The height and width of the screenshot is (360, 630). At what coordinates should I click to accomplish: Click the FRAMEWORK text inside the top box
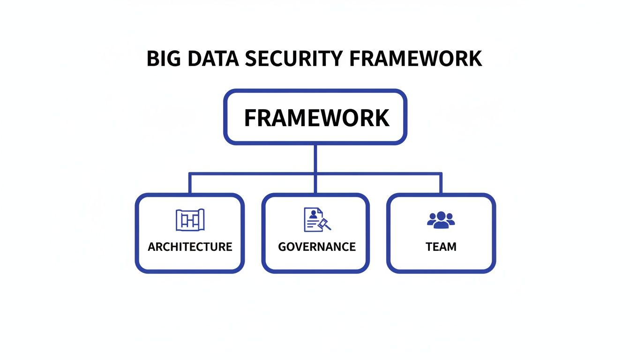(316, 118)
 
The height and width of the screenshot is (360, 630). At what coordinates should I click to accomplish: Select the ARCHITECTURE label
(190, 247)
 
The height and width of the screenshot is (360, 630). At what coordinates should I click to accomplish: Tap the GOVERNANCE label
(316, 247)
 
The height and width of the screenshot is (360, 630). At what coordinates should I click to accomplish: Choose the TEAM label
(441, 247)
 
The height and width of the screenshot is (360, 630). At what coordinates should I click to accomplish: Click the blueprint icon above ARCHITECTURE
(190, 219)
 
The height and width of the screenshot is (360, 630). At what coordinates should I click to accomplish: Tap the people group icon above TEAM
(441, 219)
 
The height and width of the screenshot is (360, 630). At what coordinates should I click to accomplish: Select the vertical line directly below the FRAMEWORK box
(315, 158)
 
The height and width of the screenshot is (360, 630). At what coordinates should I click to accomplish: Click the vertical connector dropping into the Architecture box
(189, 183)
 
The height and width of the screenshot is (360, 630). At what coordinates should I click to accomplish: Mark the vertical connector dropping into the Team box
(441, 183)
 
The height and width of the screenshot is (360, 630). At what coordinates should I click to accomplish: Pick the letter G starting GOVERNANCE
(282, 247)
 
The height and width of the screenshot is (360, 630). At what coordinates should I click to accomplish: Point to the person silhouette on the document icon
(312, 215)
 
